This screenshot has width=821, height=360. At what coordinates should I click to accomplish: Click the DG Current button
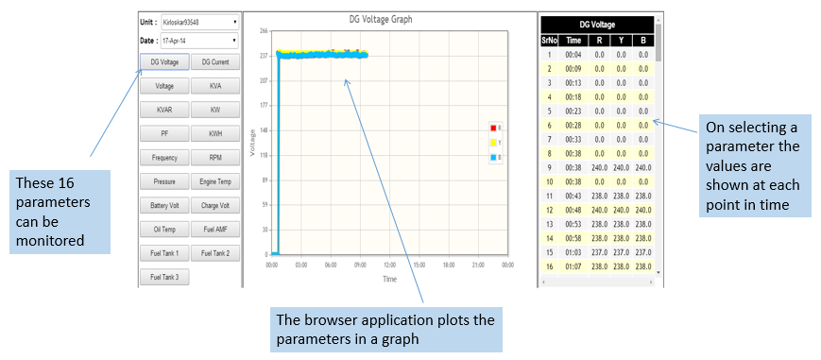[x=215, y=61]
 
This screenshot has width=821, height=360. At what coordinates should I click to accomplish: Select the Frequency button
[x=164, y=157]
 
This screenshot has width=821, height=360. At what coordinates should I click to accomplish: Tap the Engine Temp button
[x=215, y=181]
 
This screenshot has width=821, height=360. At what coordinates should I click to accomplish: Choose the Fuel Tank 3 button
[x=164, y=277]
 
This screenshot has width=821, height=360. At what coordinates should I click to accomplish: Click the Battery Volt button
[x=164, y=206]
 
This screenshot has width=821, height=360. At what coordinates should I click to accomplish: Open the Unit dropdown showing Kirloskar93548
[x=199, y=23]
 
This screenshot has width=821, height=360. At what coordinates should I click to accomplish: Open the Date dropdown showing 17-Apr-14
[x=199, y=40]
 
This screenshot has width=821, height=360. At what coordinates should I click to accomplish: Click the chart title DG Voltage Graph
[x=381, y=20]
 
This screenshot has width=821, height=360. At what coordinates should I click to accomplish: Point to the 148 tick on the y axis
[x=264, y=130]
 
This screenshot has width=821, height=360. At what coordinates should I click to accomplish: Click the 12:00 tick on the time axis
[x=389, y=266]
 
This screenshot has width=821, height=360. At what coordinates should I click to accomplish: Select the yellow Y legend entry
[x=495, y=142]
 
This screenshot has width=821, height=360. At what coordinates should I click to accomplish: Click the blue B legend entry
[x=495, y=157]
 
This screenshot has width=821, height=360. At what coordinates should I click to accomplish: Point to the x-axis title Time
[x=389, y=280]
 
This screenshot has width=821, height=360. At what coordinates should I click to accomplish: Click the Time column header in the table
[x=573, y=41]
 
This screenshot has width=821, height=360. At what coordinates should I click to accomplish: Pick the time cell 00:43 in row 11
[x=573, y=195]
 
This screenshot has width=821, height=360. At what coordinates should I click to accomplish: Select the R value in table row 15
[x=600, y=253]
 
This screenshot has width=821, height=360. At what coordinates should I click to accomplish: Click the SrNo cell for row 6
[x=549, y=125]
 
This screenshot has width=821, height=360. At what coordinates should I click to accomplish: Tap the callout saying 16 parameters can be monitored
[x=60, y=212]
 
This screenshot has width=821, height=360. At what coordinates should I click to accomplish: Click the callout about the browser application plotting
[x=385, y=329]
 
